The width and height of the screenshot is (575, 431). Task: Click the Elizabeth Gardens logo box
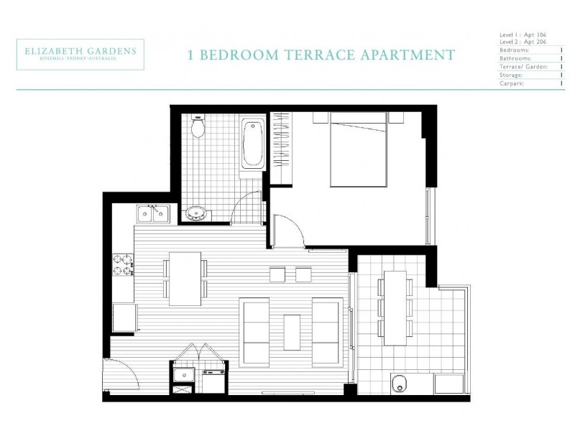point(80,55)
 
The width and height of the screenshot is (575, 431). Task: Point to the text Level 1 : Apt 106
point(523,34)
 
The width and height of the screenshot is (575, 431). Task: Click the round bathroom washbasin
point(195,213)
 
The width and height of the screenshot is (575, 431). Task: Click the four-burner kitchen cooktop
point(124,265)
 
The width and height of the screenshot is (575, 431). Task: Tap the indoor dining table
point(185,279)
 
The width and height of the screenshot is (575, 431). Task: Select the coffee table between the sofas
point(292,333)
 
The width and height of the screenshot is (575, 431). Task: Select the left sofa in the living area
point(256,333)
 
